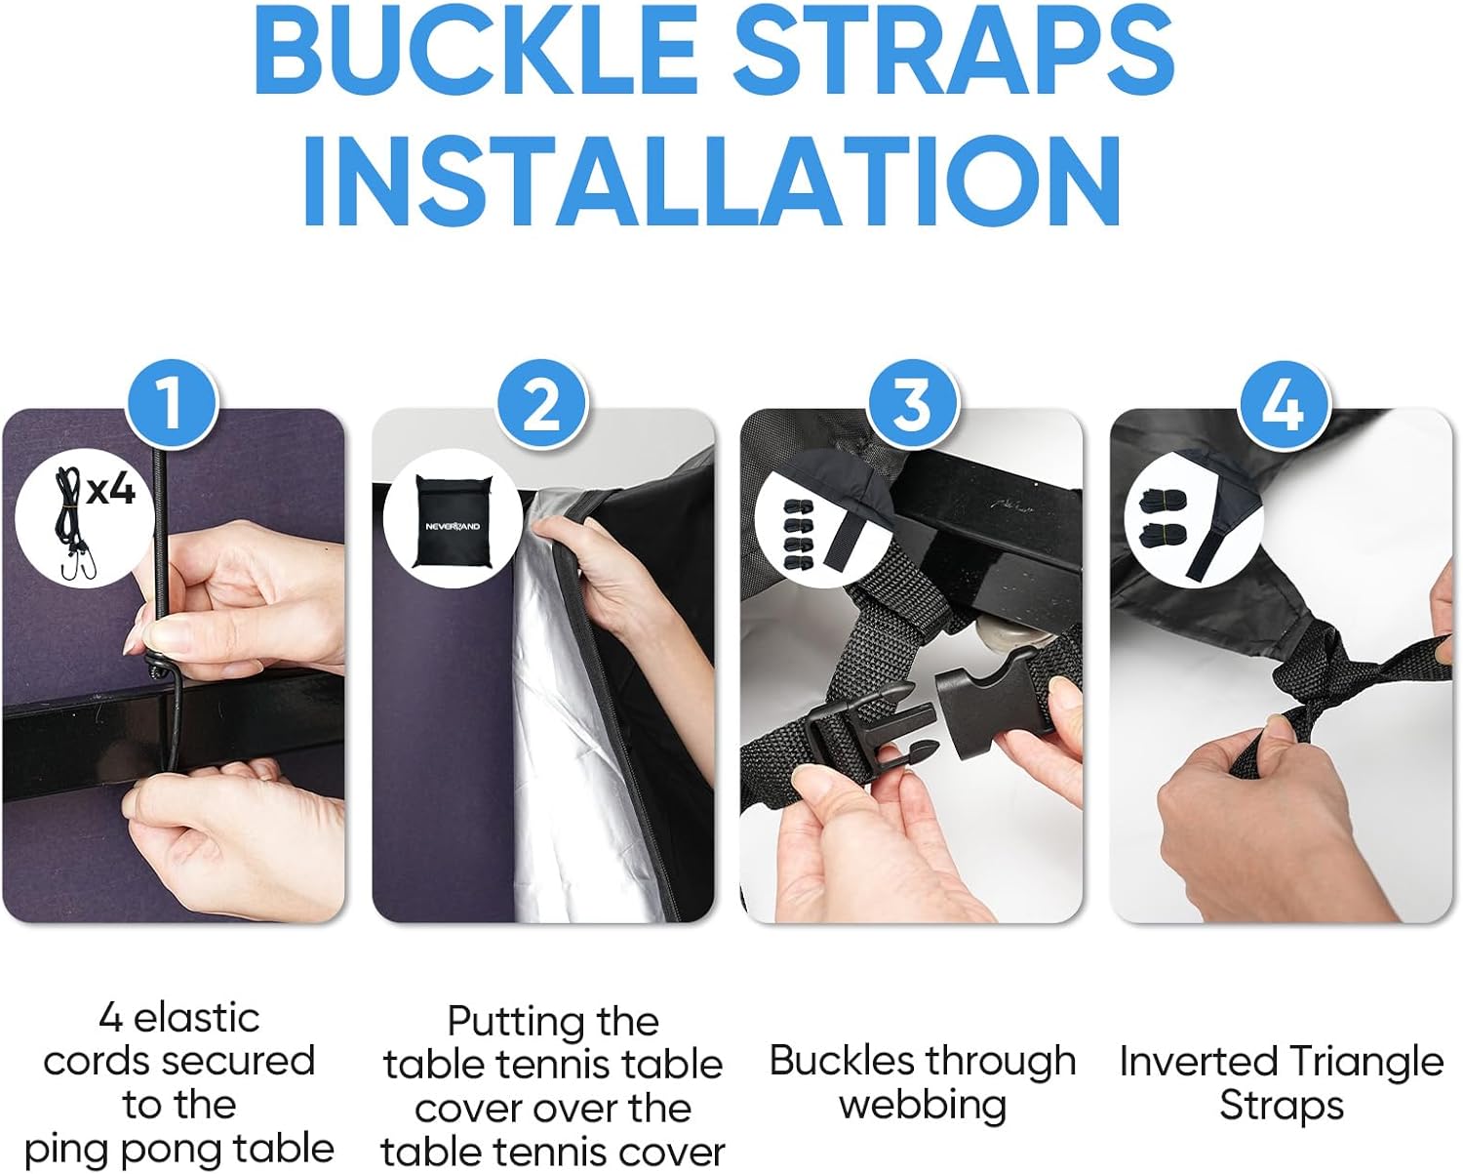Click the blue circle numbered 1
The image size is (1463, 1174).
point(173,404)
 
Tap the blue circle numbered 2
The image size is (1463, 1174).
point(542,404)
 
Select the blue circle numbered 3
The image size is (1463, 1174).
point(913,404)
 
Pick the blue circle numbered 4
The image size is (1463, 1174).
point(1283,404)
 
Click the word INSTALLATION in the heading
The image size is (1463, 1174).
point(711,181)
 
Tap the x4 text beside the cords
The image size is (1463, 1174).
point(111,490)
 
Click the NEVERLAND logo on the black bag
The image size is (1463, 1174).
point(453,526)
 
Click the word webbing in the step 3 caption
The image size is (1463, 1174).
point(923,1104)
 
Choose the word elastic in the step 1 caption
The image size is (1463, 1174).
point(196,1019)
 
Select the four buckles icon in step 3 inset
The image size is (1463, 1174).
point(798,534)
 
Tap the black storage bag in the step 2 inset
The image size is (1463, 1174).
point(453,521)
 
